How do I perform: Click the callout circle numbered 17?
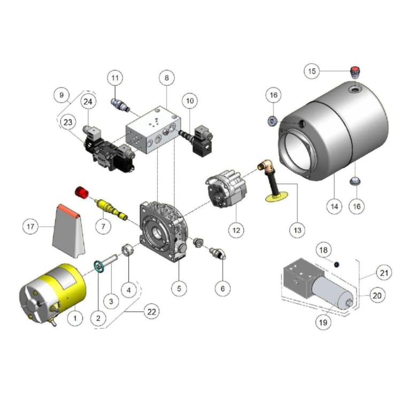click(31, 227)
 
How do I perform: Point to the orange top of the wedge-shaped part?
click(68, 210)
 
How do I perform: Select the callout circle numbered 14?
click(335, 206)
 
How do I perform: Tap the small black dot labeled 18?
click(336, 264)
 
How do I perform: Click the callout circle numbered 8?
click(167, 78)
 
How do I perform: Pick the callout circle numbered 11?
click(114, 78)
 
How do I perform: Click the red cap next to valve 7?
click(81, 191)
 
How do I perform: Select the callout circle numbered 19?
click(323, 322)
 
